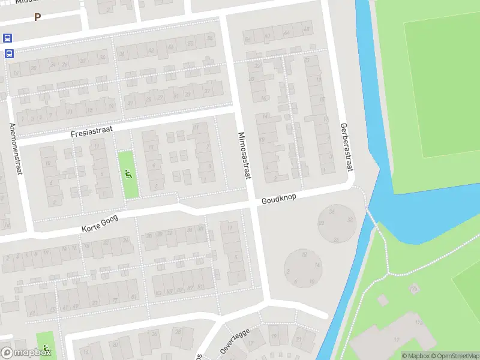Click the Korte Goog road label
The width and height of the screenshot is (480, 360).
pos(100,225)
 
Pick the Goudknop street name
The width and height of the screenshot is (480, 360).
pos(279,199)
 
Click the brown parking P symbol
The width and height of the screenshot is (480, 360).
pos(37,17)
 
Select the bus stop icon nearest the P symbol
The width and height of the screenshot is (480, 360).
pos(8,38)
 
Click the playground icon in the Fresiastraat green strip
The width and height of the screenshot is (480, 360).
pos(128,175)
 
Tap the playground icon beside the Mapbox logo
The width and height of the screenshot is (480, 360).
pos(46,347)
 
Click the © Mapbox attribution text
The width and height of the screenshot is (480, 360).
pos(416,356)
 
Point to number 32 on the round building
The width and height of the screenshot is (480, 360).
pos(350,220)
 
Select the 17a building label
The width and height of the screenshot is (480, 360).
pos(419,323)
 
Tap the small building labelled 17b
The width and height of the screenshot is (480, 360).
pos(413,289)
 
